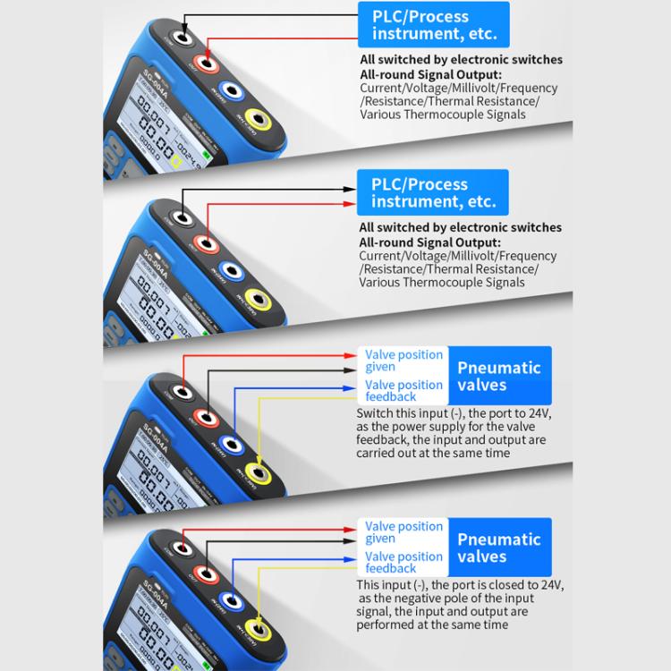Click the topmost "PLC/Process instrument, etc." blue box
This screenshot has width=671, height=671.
tap(433, 25)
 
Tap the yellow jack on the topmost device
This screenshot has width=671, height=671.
tap(259, 119)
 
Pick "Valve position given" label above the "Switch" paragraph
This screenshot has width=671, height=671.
tap(403, 361)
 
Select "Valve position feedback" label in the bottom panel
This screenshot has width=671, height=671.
tap(403, 562)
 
